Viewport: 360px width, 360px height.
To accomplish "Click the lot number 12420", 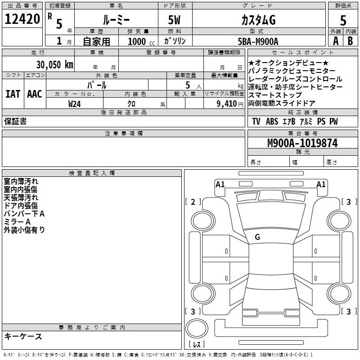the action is (x=22, y=19).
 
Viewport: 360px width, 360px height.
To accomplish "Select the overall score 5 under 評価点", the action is (x=343, y=20).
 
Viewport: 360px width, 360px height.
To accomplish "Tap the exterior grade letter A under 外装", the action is (x=336, y=41).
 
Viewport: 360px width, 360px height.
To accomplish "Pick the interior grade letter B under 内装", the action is (x=350, y=41).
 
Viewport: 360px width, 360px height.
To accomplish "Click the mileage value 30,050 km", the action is (x=54, y=65).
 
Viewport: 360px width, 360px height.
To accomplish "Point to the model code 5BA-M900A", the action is (x=258, y=41).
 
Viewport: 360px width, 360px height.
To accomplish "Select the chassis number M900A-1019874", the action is (x=302, y=143).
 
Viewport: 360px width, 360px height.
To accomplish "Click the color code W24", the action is (x=74, y=104).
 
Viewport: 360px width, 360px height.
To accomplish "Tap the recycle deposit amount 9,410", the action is (x=227, y=104).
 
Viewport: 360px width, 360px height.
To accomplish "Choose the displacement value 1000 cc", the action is (x=141, y=41).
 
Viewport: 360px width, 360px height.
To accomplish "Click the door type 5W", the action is (x=174, y=20).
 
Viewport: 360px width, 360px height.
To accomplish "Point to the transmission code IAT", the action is (x=13, y=94).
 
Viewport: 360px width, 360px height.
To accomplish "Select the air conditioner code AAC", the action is (x=35, y=94).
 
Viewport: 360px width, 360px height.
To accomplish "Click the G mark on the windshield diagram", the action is (x=257, y=237).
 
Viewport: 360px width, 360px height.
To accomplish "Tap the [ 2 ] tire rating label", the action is (x=193, y=202).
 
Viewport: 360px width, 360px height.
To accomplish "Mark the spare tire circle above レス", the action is (x=197, y=328).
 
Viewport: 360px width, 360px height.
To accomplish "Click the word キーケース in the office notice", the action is (x=23, y=336).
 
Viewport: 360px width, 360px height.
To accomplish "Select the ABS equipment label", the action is (x=272, y=121).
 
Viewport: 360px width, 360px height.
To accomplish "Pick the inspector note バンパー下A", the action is (x=24, y=214).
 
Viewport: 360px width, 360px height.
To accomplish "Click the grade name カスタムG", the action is (x=258, y=20).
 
